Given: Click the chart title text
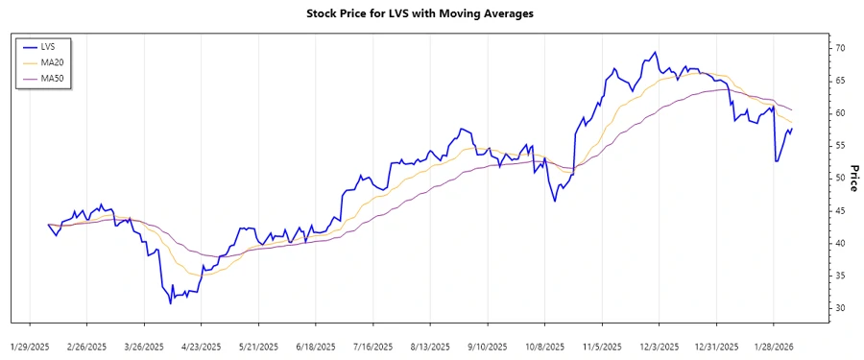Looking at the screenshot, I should [x=432, y=14].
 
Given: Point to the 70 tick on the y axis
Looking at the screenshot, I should [x=838, y=48].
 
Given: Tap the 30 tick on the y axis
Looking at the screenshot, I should [x=838, y=308].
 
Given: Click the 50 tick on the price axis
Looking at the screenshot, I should [x=838, y=179].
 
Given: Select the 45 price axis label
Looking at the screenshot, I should [x=838, y=210].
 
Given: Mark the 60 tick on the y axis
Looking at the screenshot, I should [x=838, y=113].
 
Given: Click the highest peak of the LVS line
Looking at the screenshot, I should [x=655, y=53].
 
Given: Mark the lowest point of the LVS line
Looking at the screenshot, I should [x=171, y=303].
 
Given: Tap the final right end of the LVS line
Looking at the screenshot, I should [x=792, y=129].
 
